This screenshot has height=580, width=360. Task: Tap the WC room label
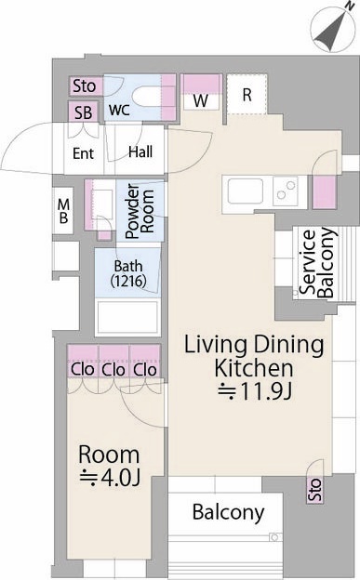119,110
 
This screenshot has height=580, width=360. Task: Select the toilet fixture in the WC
147,96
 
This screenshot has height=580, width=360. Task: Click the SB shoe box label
84,112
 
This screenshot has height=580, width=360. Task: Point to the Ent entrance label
84,153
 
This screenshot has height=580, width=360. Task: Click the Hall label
140,152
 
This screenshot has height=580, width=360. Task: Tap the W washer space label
201,100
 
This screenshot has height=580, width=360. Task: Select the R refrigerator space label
247,95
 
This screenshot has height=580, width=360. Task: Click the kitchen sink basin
246,191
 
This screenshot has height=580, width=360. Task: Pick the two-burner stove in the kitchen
286,191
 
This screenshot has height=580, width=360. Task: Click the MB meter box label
63,211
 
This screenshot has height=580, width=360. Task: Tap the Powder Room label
140,211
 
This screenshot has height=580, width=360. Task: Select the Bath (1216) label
128,273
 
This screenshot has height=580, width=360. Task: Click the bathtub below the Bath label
127,317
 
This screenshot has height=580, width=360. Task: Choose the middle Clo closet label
113,370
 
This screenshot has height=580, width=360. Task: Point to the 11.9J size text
256,391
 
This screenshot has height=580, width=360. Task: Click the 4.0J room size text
110,478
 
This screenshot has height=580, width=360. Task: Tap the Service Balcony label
317,262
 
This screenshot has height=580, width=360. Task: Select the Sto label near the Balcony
314,489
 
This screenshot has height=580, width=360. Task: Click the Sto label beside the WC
85,86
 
